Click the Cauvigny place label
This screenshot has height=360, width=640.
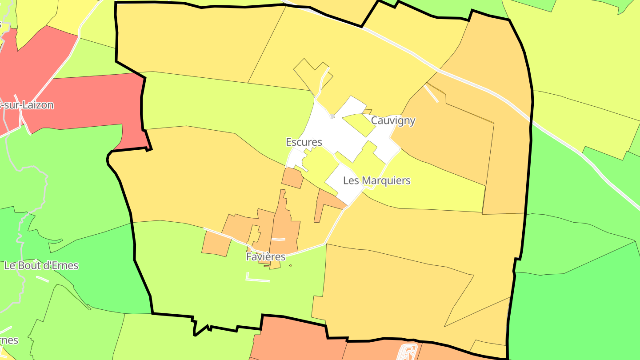[393, 120]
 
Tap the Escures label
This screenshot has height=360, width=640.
[304, 142]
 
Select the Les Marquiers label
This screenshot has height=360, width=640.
[376, 180]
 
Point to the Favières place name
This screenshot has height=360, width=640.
[265, 257]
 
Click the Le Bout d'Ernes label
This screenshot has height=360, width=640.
[41, 266]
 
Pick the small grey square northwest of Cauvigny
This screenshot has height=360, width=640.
[332, 116]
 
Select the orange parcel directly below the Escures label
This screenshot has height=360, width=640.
[292, 178]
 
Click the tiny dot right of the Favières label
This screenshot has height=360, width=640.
[290, 266]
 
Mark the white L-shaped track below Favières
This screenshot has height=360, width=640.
[257, 279]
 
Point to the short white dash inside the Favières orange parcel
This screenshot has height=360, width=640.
[278, 240]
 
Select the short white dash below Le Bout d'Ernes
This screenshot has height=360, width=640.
[42, 279]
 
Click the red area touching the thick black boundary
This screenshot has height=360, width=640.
[89, 102]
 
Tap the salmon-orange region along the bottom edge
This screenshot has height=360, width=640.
[293, 340]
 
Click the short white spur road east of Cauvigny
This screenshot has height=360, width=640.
[431, 93]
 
